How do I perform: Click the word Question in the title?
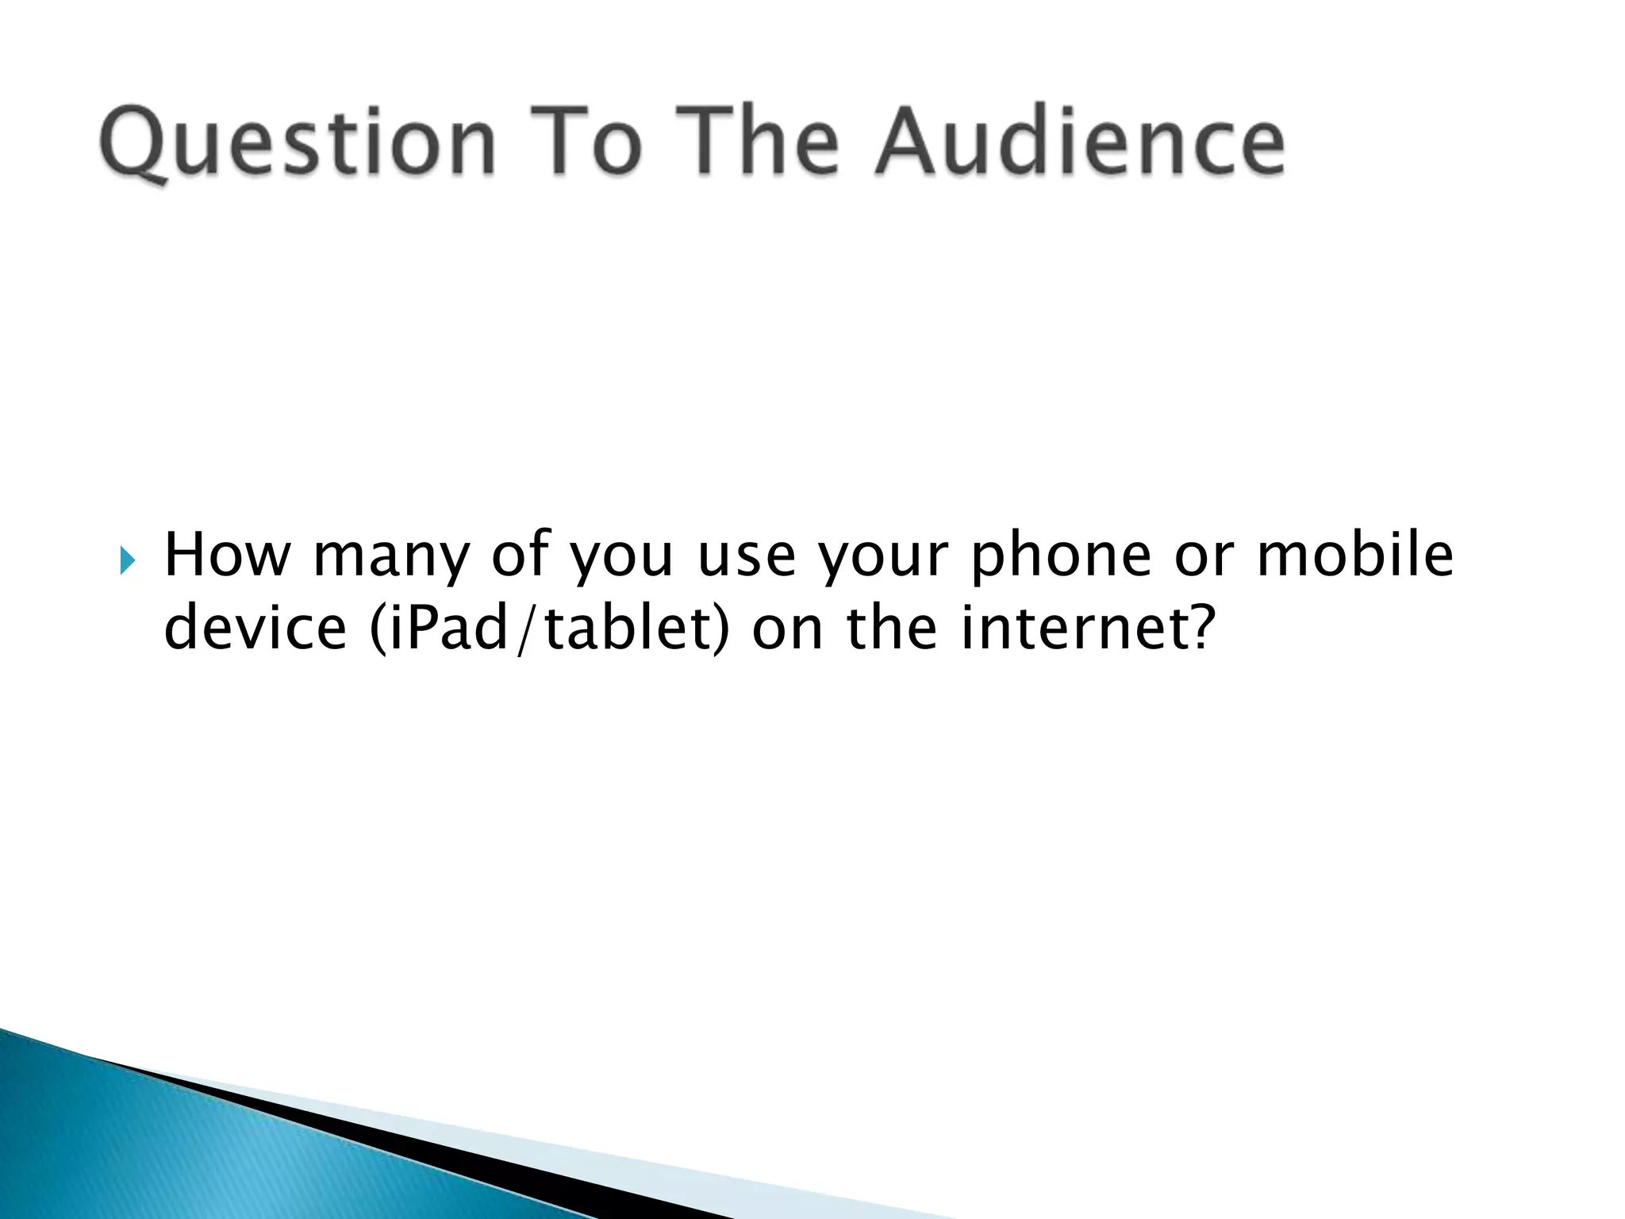click(298, 143)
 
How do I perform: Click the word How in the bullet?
click(227, 555)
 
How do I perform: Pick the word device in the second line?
click(255, 627)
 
